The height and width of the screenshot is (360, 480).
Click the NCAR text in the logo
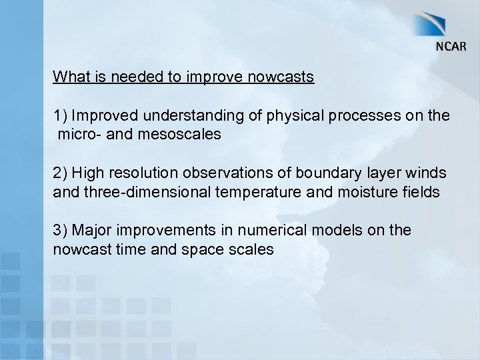coord(451,47)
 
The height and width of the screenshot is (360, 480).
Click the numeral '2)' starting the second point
coord(61,173)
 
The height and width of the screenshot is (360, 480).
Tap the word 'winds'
coord(427,173)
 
